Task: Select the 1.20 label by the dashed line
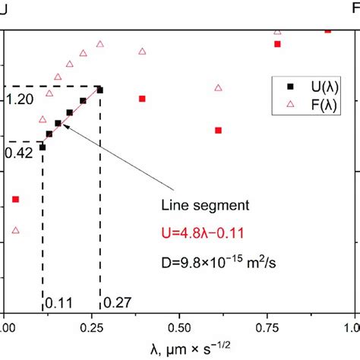[20, 99]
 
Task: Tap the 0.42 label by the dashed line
[18, 153]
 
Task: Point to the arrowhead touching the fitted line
[63, 127]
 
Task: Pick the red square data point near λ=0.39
[141, 98]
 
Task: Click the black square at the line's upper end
[99, 90]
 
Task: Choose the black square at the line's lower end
[43, 147]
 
